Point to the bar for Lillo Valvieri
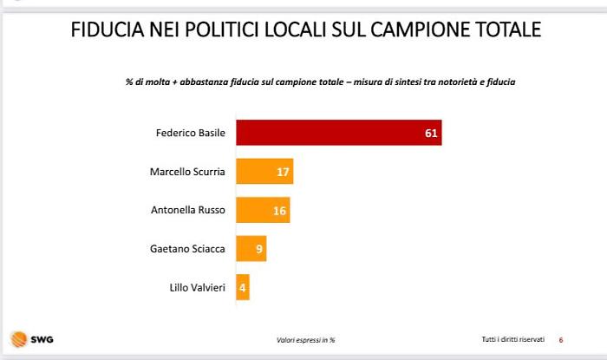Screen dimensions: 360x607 pyautogui.click(x=242, y=287)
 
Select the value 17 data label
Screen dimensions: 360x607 pyautogui.click(x=283, y=172)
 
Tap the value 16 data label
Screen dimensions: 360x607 pyautogui.click(x=279, y=211)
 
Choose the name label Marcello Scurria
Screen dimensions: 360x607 pyautogui.click(x=187, y=172)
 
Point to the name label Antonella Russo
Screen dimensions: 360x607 pyautogui.click(x=187, y=211)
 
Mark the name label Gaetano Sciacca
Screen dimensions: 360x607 pyautogui.click(x=188, y=249)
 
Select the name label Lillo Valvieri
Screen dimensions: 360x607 pyautogui.click(x=197, y=287)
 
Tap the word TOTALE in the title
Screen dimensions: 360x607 pyautogui.click(x=505, y=30)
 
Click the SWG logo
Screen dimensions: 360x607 pyautogui.click(x=30, y=338)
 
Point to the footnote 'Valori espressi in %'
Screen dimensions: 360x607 pyautogui.click(x=305, y=339)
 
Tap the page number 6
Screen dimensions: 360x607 pyautogui.click(x=561, y=339)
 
